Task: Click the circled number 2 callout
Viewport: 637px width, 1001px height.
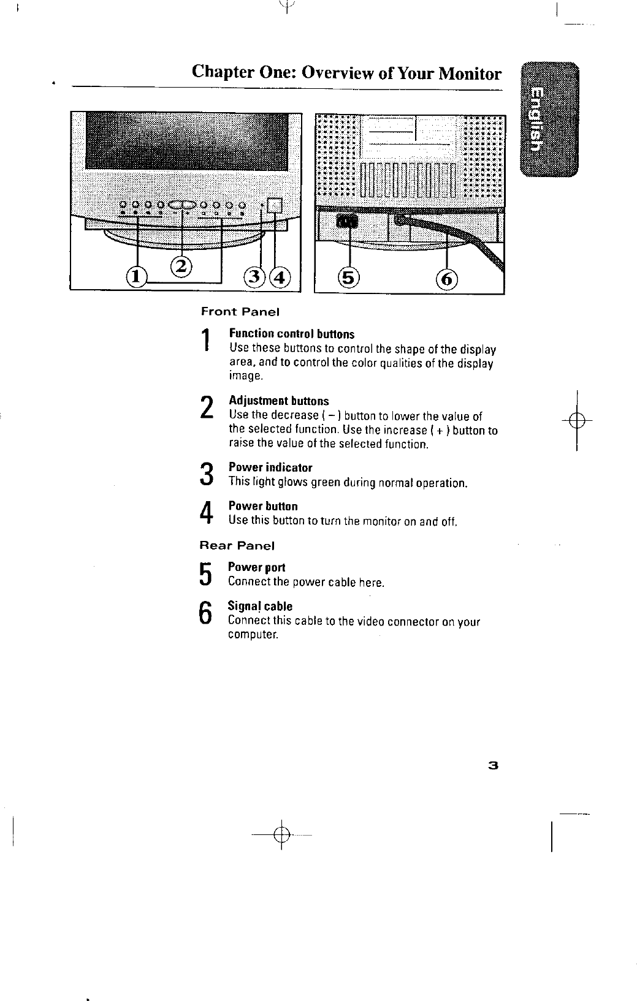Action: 181,266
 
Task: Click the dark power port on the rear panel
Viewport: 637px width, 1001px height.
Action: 347,221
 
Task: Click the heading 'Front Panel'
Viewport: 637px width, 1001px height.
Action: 240,312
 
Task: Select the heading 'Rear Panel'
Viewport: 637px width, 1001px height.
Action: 237,545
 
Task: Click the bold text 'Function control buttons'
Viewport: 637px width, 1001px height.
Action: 291,334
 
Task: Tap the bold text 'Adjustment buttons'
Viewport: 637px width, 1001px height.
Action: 278,401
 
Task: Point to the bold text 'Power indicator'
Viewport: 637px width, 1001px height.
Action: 270,468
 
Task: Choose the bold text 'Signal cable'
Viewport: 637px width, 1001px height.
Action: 260,606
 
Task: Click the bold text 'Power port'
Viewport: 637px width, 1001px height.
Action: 256,568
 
